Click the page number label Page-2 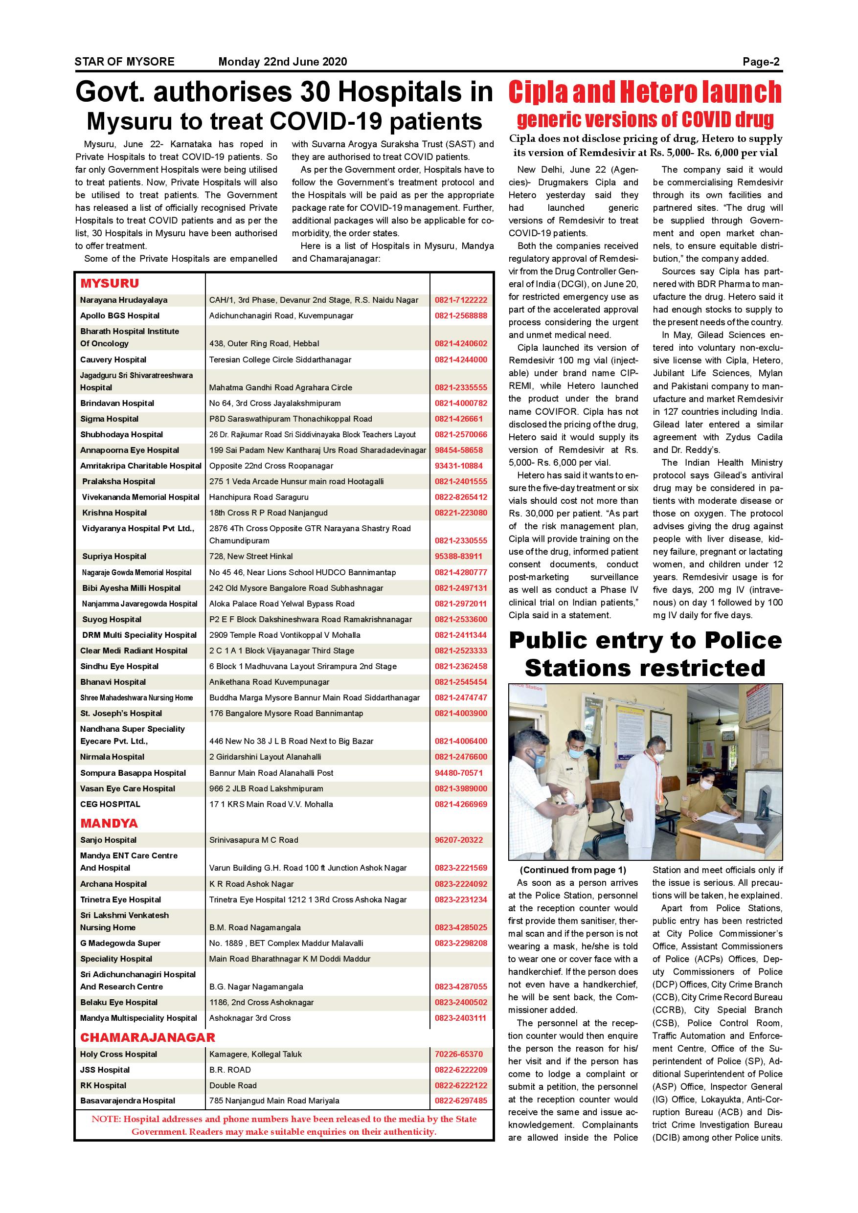coord(761,62)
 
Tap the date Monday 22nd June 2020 coord(283,62)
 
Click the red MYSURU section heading coord(110,283)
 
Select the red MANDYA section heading coord(109,823)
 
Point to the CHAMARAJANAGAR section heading coord(147,1037)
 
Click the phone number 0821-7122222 coord(461,300)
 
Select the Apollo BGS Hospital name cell coord(119,316)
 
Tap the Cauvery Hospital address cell coord(280,360)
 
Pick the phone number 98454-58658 coord(458,450)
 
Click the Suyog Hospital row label coord(112,619)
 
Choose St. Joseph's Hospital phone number coord(461,713)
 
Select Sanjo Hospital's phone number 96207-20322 coord(458,840)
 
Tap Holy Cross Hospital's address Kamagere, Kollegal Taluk coord(255,1054)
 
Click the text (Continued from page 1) coord(573,870)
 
